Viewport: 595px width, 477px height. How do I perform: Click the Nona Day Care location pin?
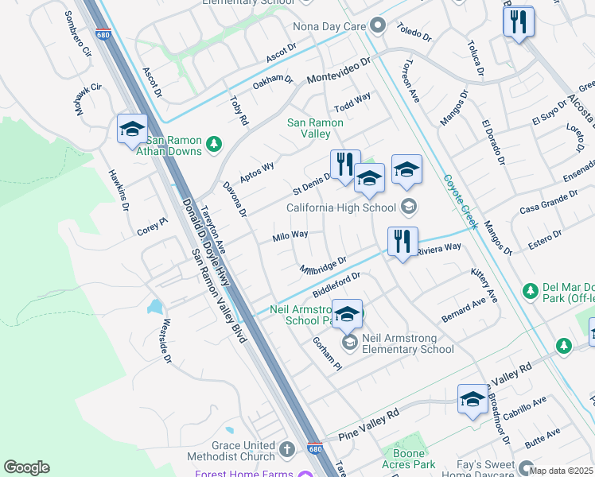(377, 26)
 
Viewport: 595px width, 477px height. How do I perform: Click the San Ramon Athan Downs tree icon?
(213, 144)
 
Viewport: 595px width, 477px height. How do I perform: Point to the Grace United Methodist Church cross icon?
(286, 451)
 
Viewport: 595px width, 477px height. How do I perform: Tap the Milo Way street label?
(290, 235)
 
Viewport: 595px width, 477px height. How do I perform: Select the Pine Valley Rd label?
(368, 426)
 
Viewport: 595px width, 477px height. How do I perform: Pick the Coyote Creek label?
(461, 202)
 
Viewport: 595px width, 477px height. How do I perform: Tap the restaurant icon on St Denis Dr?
(345, 165)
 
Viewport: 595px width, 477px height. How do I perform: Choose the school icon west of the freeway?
(132, 129)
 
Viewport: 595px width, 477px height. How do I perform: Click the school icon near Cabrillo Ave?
(472, 399)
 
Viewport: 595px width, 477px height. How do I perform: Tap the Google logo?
(27, 467)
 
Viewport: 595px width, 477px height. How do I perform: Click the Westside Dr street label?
(166, 341)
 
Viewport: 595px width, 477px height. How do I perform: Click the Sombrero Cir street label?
(78, 33)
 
